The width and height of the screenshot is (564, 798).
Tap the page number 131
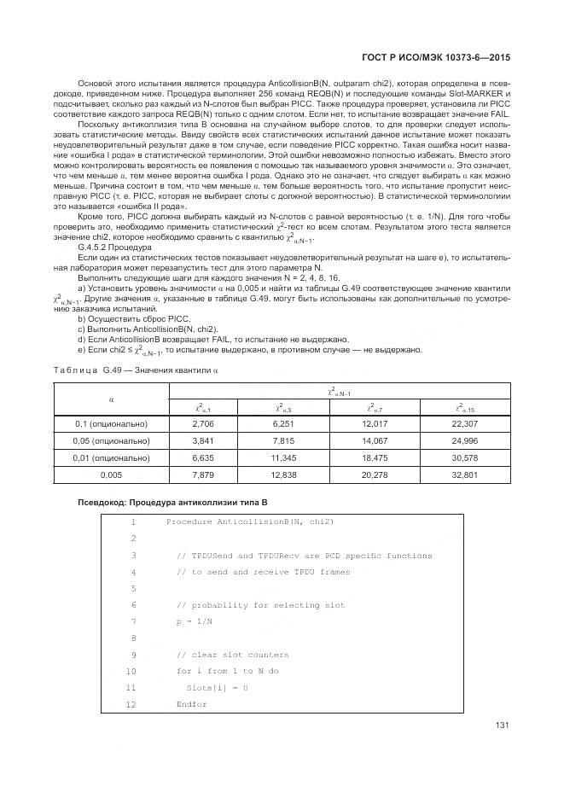coord(502,725)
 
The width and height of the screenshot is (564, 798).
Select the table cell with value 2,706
coord(205,424)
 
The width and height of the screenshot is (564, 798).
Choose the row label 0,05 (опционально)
coord(112,441)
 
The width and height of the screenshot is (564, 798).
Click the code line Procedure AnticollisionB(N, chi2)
coord(250,521)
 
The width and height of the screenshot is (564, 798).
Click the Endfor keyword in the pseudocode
coord(192,704)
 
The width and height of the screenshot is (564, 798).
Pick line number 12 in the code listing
coord(131,704)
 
